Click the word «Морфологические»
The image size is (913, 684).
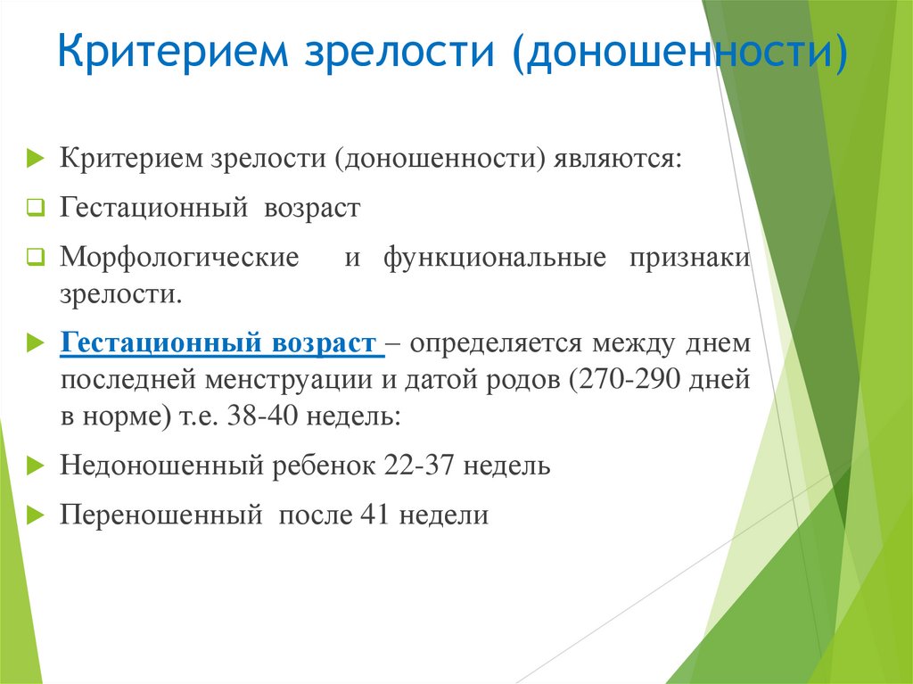pos(179,258)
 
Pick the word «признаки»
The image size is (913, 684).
pos(690,258)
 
